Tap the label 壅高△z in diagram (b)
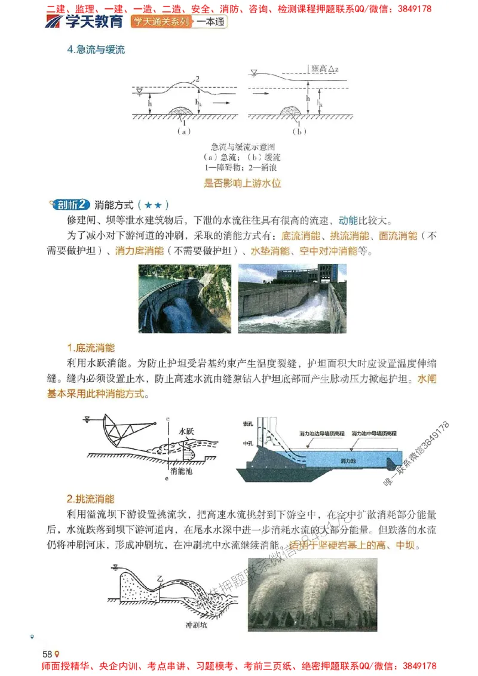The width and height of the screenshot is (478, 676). tap(326, 69)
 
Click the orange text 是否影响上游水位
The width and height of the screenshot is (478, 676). tap(243, 183)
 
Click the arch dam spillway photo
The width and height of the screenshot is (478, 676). tap(185, 299)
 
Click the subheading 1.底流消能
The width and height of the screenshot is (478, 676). tap(90, 348)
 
